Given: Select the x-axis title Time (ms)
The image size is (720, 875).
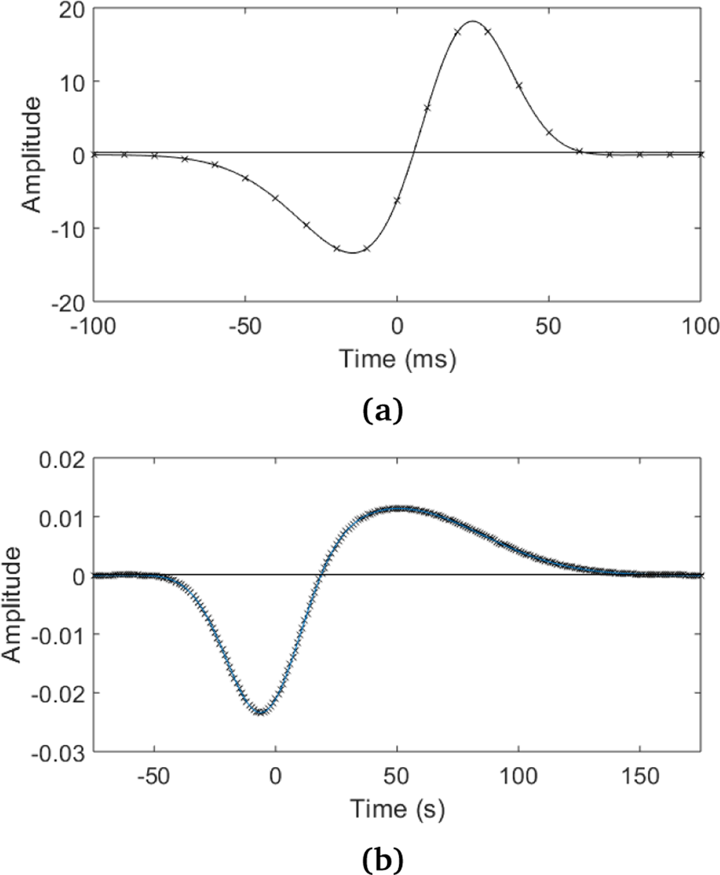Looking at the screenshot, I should (x=398, y=359).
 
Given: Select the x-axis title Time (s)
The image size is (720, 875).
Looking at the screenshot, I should (x=398, y=809).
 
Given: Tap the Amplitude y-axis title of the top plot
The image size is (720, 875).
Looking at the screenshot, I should (x=32, y=154).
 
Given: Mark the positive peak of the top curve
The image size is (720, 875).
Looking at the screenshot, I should (x=473, y=22).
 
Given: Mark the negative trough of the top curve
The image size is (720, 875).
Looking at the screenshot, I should (x=352, y=252).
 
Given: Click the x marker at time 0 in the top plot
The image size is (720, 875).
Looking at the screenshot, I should (x=397, y=200).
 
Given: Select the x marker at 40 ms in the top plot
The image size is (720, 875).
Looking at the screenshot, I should (x=519, y=86).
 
